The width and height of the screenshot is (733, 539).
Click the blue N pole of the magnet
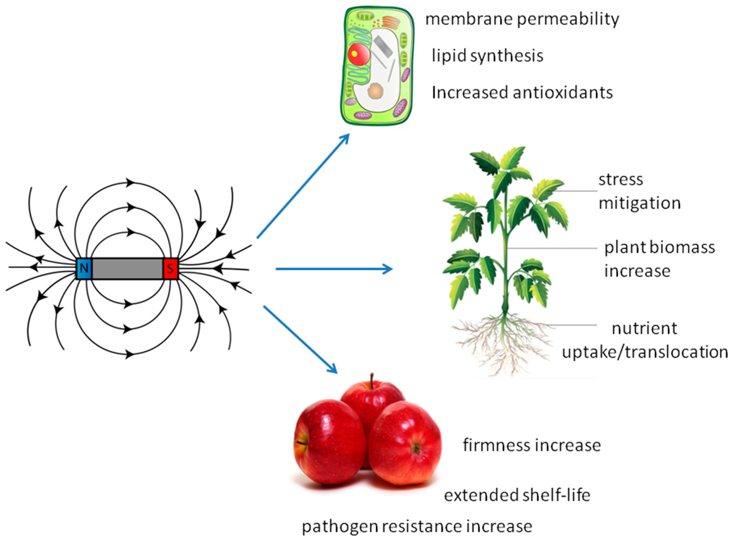tap(84, 268)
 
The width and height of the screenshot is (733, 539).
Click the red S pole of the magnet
tap(170, 268)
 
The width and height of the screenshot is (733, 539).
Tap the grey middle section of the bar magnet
tap(127, 268)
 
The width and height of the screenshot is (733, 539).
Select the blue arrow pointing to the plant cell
tap(303, 186)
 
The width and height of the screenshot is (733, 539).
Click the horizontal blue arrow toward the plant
tap(334, 269)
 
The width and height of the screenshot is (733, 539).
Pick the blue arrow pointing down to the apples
tap(300, 339)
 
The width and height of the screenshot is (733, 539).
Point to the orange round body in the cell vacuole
tap(376, 91)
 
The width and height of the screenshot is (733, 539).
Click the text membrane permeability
tap(522, 19)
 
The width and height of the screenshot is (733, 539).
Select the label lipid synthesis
tap(487, 56)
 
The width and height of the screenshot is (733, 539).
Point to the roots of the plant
tap(504, 342)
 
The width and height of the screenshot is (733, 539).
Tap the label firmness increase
tap(532, 445)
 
